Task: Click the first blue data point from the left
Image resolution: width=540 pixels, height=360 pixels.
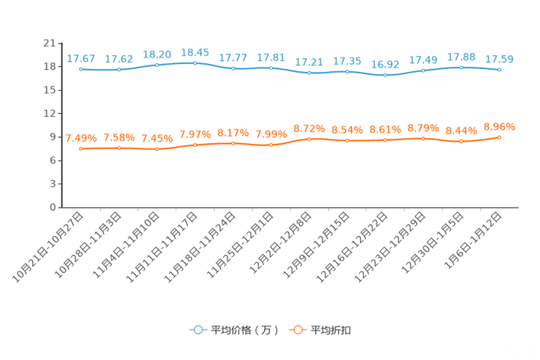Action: [81, 69]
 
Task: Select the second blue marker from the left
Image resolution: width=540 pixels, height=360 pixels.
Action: [119, 70]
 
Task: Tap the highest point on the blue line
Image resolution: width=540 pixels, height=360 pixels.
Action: [195, 63]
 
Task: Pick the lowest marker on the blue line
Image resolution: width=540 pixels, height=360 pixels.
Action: [385, 75]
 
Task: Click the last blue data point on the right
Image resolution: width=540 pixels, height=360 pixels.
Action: [499, 70]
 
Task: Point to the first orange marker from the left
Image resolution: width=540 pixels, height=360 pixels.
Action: [81, 149]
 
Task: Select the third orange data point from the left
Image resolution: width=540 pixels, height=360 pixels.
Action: [157, 150]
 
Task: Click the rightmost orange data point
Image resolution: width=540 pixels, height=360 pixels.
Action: [499, 137]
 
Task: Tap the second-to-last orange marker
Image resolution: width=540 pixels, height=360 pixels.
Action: [462, 142]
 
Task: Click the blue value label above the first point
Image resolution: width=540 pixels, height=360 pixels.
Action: [81, 58]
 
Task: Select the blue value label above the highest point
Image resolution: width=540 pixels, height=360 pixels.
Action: [195, 52]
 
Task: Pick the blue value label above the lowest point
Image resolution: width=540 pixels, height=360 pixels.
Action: [385, 64]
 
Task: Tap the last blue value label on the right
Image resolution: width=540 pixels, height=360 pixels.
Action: [499, 59]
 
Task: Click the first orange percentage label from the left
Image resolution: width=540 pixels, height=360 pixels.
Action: [81, 138]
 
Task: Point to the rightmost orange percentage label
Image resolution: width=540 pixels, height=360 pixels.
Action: [499, 126]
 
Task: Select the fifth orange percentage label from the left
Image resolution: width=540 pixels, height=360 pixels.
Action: [233, 133]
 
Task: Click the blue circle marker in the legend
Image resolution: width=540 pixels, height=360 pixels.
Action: [197, 330]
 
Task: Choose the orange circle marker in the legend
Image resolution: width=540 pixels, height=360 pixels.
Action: [298, 330]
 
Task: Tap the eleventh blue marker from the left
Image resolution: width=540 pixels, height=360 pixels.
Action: [462, 67]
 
